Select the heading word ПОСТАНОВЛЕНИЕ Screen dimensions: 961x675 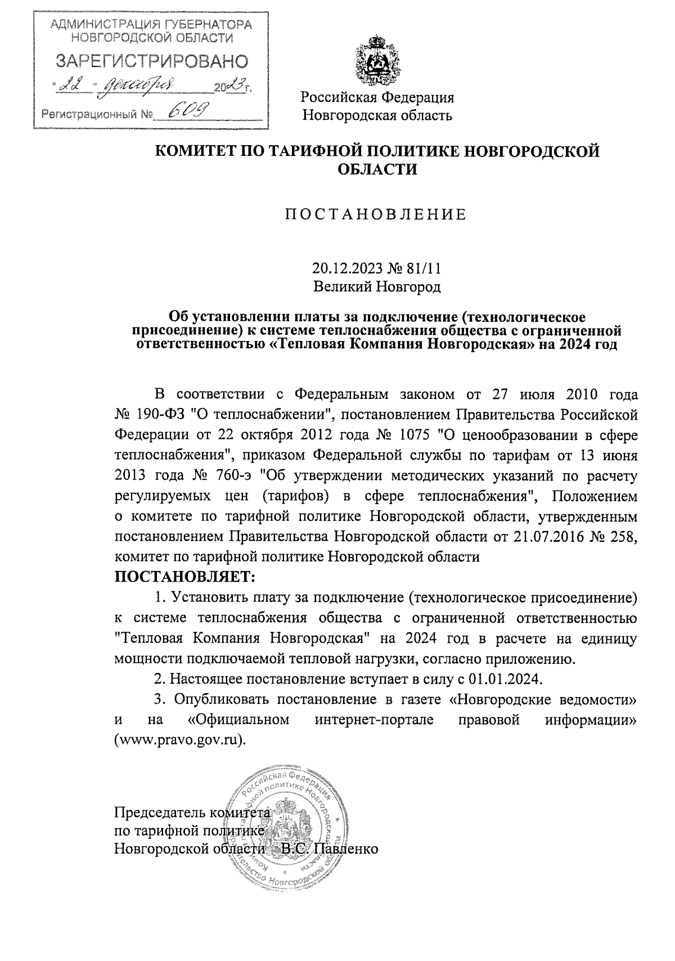376,214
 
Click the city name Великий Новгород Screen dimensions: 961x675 376,287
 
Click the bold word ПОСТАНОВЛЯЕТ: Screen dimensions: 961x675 185,576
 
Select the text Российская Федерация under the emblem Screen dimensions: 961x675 376,97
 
